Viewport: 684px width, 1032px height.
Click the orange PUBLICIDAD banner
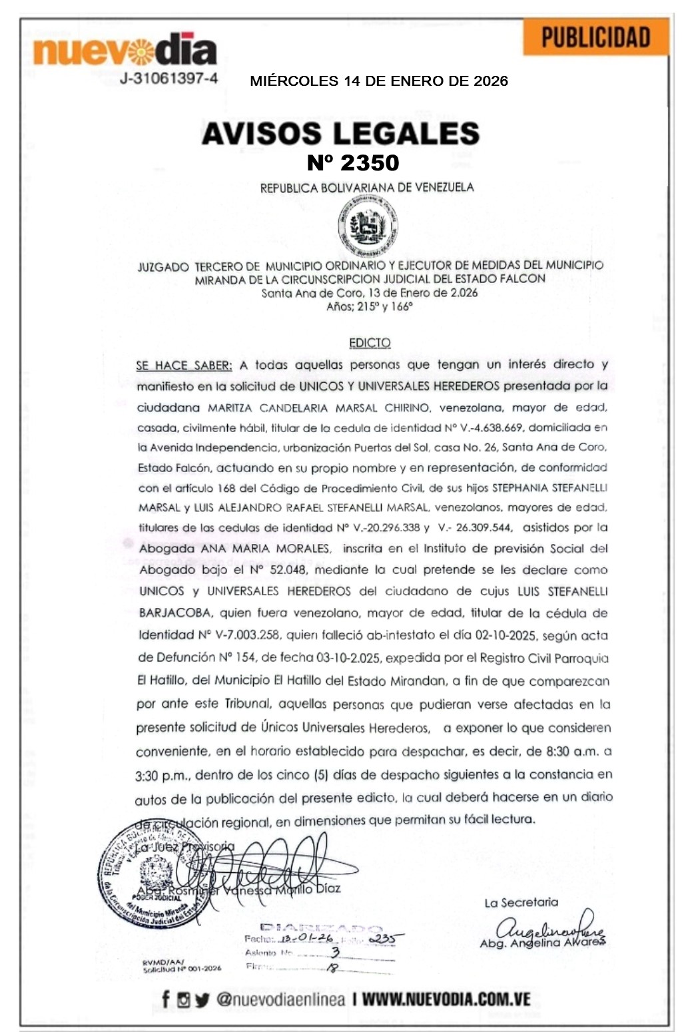click(595, 37)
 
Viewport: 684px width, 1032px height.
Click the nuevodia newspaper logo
click(125, 50)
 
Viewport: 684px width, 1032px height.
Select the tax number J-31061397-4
click(169, 79)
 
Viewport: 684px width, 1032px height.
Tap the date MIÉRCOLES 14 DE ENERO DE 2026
click(378, 81)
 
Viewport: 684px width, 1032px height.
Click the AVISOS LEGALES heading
click(340, 133)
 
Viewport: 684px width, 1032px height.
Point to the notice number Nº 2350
click(352, 162)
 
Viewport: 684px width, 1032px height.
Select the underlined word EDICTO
click(370, 343)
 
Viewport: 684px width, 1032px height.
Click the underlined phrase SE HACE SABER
click(184, 365)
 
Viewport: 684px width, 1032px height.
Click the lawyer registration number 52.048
click(288, 570)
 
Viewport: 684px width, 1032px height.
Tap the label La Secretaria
click(521, 903)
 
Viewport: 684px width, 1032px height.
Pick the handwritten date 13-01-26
click(299, 939)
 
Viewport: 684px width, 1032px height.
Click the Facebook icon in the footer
click(165, 999)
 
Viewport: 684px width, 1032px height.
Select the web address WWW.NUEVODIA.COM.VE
click(446, 999)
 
